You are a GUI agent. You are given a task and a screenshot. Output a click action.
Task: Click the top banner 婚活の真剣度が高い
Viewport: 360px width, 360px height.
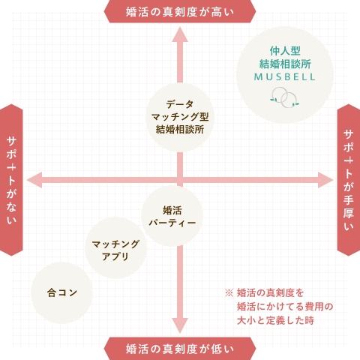(180, 11)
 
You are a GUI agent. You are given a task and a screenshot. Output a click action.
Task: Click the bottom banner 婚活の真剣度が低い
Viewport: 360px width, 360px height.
(180, 349)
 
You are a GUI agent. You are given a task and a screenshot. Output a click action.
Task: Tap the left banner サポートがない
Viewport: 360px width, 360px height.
(11, 180)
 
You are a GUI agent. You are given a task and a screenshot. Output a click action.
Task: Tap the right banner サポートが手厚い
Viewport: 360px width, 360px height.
(349, 180)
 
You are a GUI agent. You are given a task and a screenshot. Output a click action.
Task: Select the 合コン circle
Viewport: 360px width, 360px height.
(61, 292)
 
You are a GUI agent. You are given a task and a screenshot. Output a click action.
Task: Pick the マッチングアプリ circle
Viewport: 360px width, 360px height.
(115, 247)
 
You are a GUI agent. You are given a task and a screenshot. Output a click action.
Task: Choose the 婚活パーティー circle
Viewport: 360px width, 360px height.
(172, 216)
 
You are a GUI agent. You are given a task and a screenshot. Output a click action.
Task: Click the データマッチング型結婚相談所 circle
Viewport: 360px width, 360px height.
(180, 118)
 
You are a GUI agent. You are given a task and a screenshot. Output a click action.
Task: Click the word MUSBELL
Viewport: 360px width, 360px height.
(285, 77)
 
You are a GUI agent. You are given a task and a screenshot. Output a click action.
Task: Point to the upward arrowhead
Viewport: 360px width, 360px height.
(180, 34)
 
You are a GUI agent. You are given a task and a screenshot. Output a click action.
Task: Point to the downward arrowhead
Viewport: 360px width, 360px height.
(180, 325)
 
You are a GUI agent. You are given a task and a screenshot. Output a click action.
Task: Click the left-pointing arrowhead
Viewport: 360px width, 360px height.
(34, 180)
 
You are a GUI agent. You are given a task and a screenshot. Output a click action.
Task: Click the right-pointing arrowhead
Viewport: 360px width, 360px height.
(325, 180)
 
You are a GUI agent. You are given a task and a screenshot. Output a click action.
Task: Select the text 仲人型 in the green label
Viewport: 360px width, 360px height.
(285, 51)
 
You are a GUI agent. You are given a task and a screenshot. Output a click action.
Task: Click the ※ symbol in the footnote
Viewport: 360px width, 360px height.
(229, 292)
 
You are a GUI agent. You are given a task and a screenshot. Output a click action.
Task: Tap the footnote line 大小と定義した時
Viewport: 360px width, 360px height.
(275, 320)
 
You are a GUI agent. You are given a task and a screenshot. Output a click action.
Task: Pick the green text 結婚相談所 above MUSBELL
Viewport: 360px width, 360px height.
(285, 64)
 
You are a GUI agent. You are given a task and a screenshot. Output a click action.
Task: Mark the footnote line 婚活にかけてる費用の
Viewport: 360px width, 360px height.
(285, 307)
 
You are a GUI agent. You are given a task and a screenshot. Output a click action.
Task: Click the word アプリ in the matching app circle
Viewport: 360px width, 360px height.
(115, 256)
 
